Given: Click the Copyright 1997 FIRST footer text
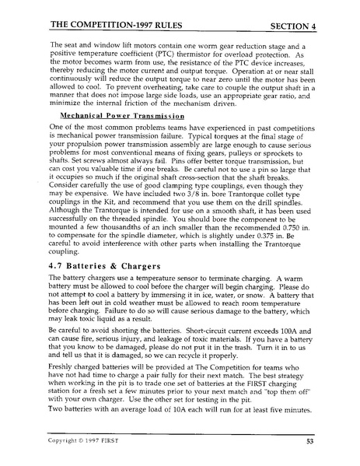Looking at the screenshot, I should click(86, 440).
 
